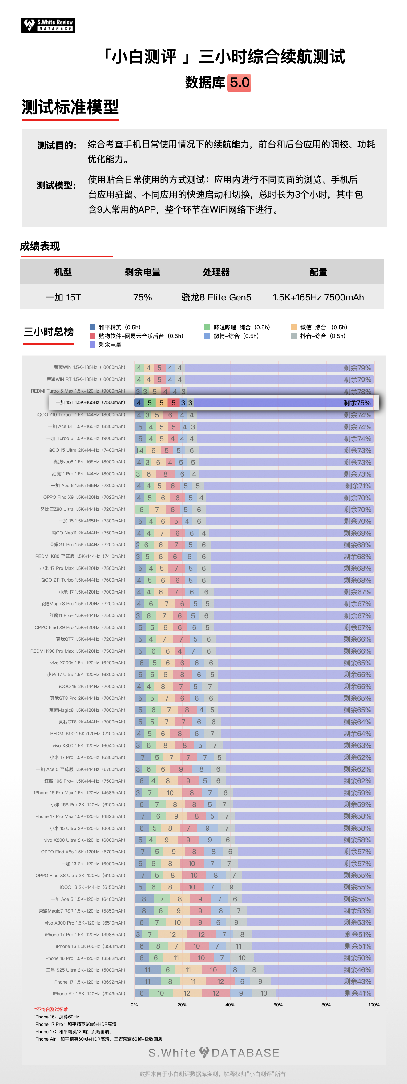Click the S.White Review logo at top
point(48,25)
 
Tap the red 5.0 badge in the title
point(239,83)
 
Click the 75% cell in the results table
point(142,297)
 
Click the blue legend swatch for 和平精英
point(93,327)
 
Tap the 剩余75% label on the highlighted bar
point(357,403)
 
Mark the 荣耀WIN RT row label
point(86,379)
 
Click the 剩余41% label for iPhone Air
point(358,993)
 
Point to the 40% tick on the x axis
point(230,1005)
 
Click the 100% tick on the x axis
point(374,1005)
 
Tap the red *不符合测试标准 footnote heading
point(51,1009)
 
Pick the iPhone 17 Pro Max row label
point(79,816)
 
